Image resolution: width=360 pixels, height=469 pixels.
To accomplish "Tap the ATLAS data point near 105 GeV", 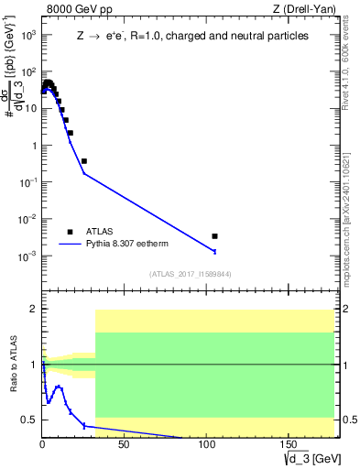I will [214, 236].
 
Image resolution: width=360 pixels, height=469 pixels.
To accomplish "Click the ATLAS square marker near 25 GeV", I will [84, 161].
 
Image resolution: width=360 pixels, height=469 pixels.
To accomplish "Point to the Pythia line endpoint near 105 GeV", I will [214, 251].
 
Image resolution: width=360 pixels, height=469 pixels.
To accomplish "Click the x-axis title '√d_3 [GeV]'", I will [311, 457].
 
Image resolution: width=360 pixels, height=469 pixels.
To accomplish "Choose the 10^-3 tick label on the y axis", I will [27, 256].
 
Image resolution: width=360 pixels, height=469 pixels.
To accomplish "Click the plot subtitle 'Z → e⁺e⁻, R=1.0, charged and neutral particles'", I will [192, 36].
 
